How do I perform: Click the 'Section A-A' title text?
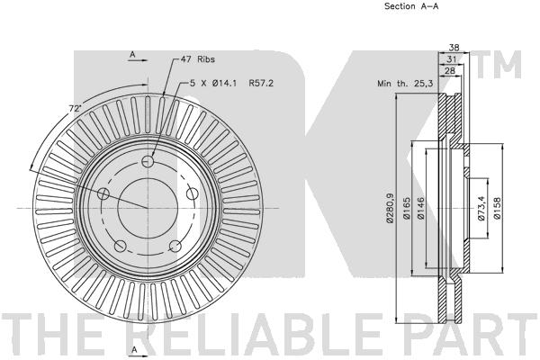[411, 6]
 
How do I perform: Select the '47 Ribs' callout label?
[198, 59]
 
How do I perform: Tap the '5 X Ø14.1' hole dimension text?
[213, 83]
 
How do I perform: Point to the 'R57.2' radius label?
[261, 83]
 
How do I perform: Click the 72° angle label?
[75, 109]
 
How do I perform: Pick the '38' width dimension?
[454, 48]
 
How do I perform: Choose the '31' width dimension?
[452, 59]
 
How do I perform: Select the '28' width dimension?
[450, 70]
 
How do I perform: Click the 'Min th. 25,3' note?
[405, 83]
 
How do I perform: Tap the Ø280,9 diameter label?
[391, 208]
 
